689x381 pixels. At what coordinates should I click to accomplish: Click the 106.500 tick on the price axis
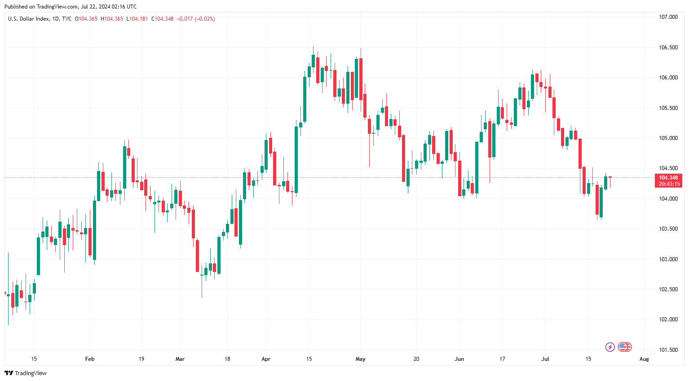pyautogui.click(x=668, y=48)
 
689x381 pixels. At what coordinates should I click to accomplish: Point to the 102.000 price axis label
pyautogui.click(x=668, y=320)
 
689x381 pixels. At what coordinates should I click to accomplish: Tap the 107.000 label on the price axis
pyautogui.click(x=668, y=17)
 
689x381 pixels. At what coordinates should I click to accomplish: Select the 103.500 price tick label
pyautogui.click(x=668, y=229)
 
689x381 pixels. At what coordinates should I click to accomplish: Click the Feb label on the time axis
pyautogui.click(x=90, y=359)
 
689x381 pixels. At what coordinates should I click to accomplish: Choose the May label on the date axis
pyautogui.click(x=360, y=359)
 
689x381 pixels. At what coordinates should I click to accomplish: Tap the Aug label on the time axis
pyautogui.click(x=644, y=359)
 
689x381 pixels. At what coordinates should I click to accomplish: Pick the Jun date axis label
pyautogui.click(x=459, y=359)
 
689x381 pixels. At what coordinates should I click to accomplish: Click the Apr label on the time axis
pyautogui.click(x=266, y=359)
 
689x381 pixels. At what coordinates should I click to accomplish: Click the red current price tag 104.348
pyautogui.click(x=668, y=178)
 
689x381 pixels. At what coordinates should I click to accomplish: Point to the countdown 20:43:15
pyautogui.click(x=669, y=184)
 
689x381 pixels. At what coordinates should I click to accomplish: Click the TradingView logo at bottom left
pyautogui.click(x=26, y=373)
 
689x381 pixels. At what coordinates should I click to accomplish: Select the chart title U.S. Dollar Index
pyautogui.click(x=28, y=19)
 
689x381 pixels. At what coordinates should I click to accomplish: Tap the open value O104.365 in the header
pyautogui.click(x=86, y=19)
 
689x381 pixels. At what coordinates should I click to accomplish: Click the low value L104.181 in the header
pyautogui.click(x=137, y=19)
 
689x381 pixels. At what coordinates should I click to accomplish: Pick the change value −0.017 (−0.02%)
pyautogui.click(x=196, y=19)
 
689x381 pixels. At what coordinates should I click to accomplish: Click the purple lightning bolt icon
pyautogui.click(x=610, y=347)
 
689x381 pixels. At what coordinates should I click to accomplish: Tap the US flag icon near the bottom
pyautogui.click(x=623, y=347)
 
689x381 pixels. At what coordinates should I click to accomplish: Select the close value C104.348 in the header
pyautogui.click(x=162, y=19)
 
